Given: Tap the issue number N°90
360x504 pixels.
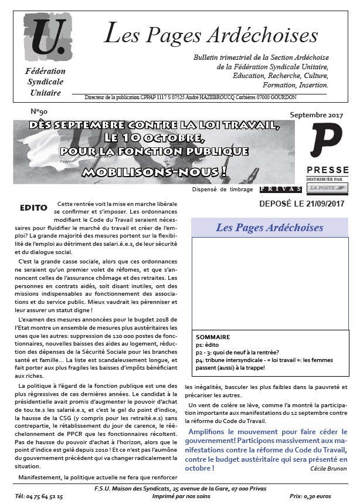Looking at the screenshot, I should point(39,111).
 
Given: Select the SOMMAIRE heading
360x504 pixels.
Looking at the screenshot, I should point(213,337).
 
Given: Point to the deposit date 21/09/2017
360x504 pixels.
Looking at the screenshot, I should point(324,204).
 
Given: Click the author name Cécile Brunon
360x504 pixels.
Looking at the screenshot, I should point(329,468).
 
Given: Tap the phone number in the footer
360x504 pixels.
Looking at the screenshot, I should point(39,496).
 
